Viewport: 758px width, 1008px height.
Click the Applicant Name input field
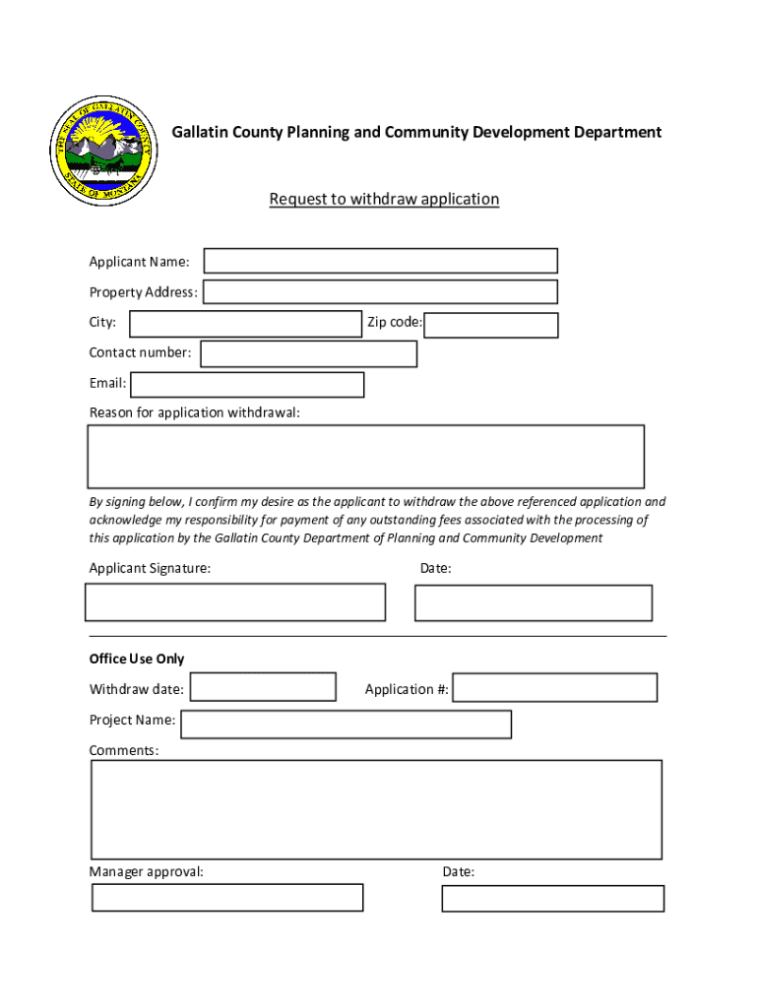pyautogui.click(x=380, y=261)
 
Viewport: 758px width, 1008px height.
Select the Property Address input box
pyautogui.click(x=380, y=292)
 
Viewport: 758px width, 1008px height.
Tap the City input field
pyautogui.click(x=245, y=324)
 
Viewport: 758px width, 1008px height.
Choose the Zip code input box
pyautogui.click(x=491, y=325)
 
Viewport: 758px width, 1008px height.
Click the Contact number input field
pyautogui.click(x=308, y=354)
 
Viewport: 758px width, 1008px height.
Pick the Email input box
pyautogui.click(x=247, y=385)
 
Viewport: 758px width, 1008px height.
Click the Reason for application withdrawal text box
pyautogui.click(x=365, y=456)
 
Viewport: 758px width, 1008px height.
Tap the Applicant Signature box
pyautogui.click(x=235, y=602)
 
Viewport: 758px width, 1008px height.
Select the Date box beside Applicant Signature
pyautogui.click(x=533, y=603)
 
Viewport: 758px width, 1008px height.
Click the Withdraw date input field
pyautogui.click(x=263, y=687)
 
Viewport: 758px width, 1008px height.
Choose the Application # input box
pyautogui.click(x=554, y=687)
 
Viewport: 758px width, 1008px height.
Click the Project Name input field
pyautogui.click(x=346, y=724)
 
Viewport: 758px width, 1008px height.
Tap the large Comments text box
pyautogui.click(x=376, y=809)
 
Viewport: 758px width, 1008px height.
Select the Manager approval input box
pyautogui.click(x=227, y=898)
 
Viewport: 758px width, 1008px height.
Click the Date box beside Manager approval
pyautogui.click(x=552, y=899)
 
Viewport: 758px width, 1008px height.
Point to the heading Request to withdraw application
pyautogui.click(x=384, y=200)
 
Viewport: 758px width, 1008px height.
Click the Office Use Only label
pyautogui.click(x=137, y=660)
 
